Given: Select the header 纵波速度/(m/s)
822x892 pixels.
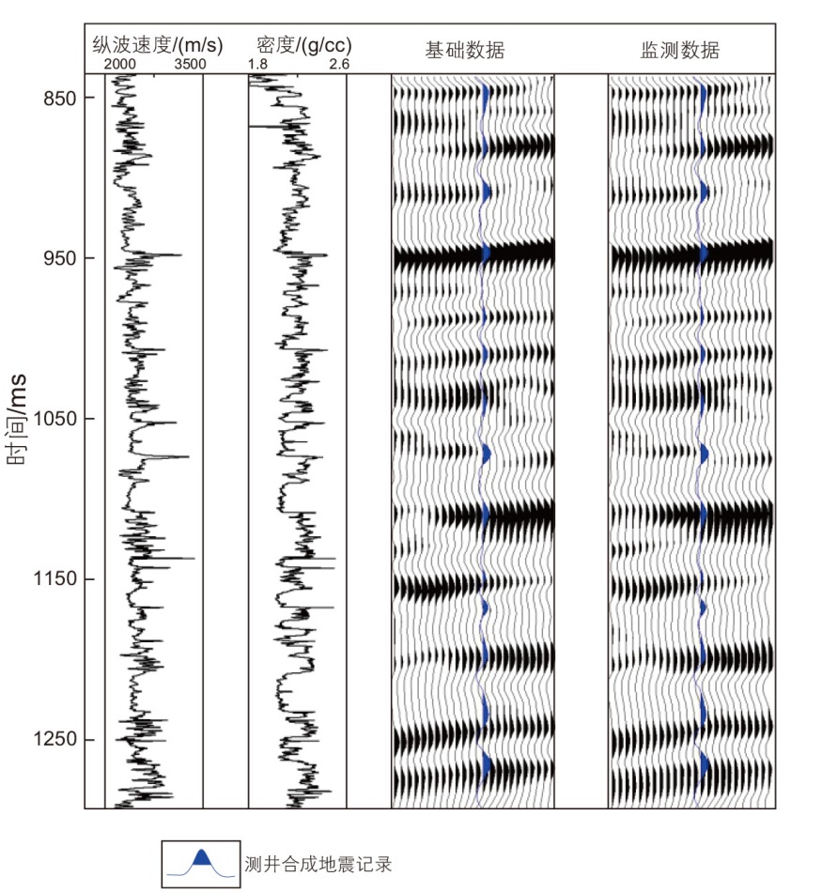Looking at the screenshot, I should coord(158,45).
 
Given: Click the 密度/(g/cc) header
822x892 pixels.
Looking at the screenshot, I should coord(298,45).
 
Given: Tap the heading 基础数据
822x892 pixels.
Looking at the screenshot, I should coord(464,50).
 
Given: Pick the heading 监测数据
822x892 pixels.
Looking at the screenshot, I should coord(680,50).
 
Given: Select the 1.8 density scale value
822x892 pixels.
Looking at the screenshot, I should coord(257,64).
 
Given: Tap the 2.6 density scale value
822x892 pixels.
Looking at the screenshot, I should coord(338,64).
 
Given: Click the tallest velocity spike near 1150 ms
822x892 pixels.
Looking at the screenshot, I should coord(192,559).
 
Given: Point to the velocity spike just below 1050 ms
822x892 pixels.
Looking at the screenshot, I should coord(186,457).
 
